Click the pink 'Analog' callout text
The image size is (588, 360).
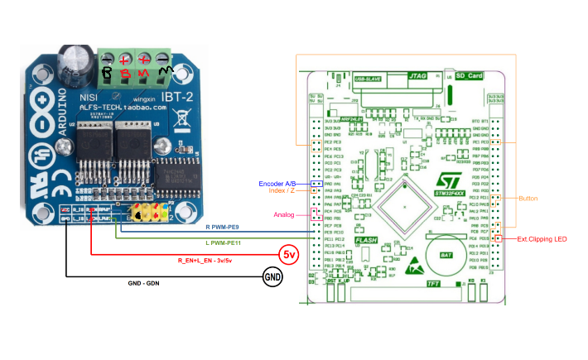click(285, 214)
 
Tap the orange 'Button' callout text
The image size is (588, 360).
click(528, 199)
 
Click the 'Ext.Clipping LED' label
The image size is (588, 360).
click(542, 239)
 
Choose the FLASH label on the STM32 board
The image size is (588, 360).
click(367, 240)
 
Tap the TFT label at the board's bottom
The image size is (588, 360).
click(433, 283)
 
